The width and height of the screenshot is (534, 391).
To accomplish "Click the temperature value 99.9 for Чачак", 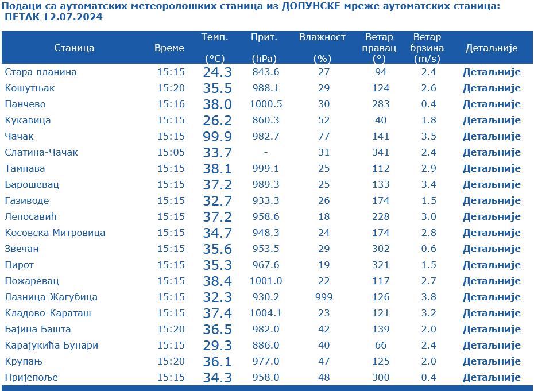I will point(217,137).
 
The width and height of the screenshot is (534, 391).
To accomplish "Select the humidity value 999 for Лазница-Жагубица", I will point(323,297).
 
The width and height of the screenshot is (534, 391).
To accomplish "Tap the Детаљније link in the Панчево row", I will point(492,104).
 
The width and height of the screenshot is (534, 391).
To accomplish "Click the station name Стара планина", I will point(41,72).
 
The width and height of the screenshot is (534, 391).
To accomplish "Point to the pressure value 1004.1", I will point(265,313).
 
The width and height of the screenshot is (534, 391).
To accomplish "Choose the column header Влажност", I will point(322,37).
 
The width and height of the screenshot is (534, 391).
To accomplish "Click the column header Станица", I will point(74,48).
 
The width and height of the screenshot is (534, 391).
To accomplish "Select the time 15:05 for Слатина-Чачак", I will point(171,153).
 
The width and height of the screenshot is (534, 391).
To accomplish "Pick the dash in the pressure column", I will point(265,153).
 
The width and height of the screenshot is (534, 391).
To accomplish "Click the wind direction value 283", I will point(381,104).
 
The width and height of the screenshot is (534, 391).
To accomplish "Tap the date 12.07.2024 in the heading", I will point(72,17).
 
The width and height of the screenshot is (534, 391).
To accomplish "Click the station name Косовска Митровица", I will point(55,233).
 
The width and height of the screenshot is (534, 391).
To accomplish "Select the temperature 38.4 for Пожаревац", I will point(217,281).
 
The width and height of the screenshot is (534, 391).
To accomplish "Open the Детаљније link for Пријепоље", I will point(492,378).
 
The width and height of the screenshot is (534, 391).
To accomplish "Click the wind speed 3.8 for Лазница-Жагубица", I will point(428,297).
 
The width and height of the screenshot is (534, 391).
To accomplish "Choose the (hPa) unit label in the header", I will point(264,59).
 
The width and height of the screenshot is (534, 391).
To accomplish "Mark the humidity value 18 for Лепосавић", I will point(323,217).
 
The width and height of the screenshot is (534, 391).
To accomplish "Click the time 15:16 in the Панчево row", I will point(171,104).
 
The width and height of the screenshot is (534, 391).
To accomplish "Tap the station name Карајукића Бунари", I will point(52,346).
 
